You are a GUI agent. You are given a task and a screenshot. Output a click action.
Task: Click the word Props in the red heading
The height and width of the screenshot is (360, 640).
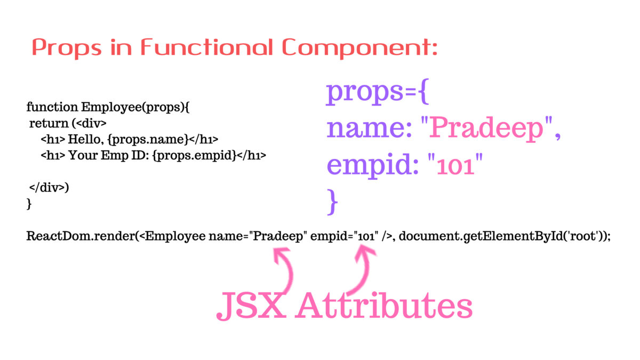point(67,47)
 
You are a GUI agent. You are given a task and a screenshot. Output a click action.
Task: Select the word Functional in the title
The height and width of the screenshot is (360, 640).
point(206,46)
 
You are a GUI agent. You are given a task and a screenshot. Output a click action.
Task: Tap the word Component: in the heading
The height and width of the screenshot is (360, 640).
point(359,47)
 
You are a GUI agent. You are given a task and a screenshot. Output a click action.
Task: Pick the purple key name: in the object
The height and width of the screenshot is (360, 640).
point(369,129)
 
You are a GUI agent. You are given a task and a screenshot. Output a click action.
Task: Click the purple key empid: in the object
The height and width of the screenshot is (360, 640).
point(373,166)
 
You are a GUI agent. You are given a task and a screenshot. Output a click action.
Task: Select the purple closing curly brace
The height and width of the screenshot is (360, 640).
point(332,202)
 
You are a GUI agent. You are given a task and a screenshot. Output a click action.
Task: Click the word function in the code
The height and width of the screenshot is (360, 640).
point(52,107)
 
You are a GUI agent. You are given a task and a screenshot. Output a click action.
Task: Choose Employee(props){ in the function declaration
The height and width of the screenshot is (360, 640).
point(135,108)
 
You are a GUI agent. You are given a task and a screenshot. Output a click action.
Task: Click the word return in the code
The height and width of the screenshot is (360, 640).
point(49,123)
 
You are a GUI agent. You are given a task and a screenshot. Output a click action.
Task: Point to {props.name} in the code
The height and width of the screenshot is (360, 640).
point(148,140)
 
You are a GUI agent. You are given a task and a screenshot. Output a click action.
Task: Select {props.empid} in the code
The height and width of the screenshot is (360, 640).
point(195,156)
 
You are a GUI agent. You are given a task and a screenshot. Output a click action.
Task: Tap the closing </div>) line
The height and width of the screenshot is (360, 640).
point(49,188)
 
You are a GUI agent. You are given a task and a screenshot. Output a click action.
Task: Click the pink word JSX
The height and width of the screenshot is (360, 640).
point(251,306)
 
